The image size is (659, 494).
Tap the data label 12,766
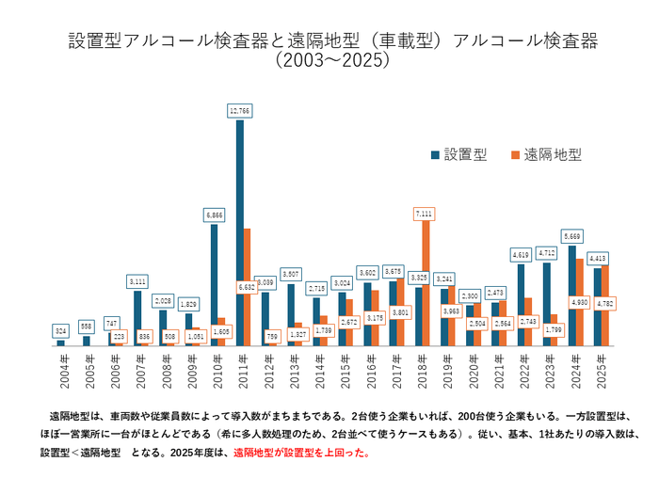tap(240, 111)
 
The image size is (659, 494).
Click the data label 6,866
tap(215, 215)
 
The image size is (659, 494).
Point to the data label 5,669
tap(571, 235)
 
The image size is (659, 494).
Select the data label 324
tap(61, 331)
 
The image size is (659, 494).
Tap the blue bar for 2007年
tap(137, 318)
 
